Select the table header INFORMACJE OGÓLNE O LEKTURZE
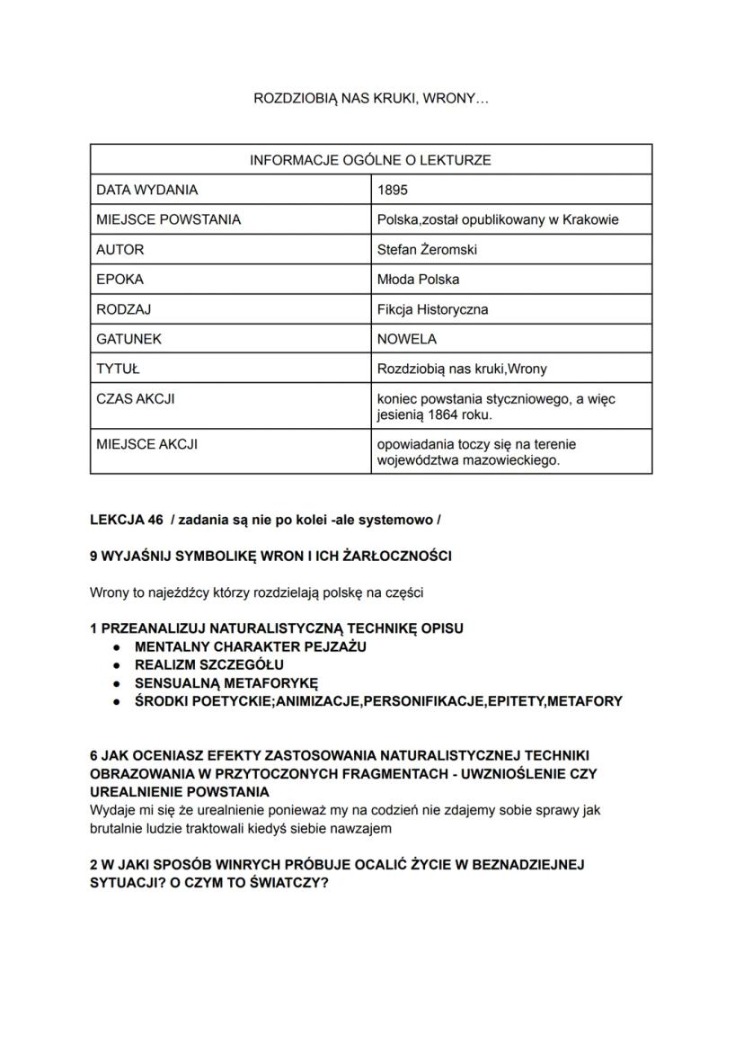point(370,160)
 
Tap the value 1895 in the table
point(393,191)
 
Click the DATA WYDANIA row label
point(146,191)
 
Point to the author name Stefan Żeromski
point(427,250)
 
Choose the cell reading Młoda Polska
point(418,280)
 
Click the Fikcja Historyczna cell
point(432,309)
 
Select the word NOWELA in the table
point(407,339)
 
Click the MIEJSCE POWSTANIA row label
point(168,220)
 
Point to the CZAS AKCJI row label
point(135,398)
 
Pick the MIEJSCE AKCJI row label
point(146,444)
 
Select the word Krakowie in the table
point(590,220)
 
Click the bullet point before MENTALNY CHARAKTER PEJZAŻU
point(117,646)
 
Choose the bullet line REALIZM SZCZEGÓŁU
point(208,665)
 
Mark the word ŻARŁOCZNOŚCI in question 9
point(397,557)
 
